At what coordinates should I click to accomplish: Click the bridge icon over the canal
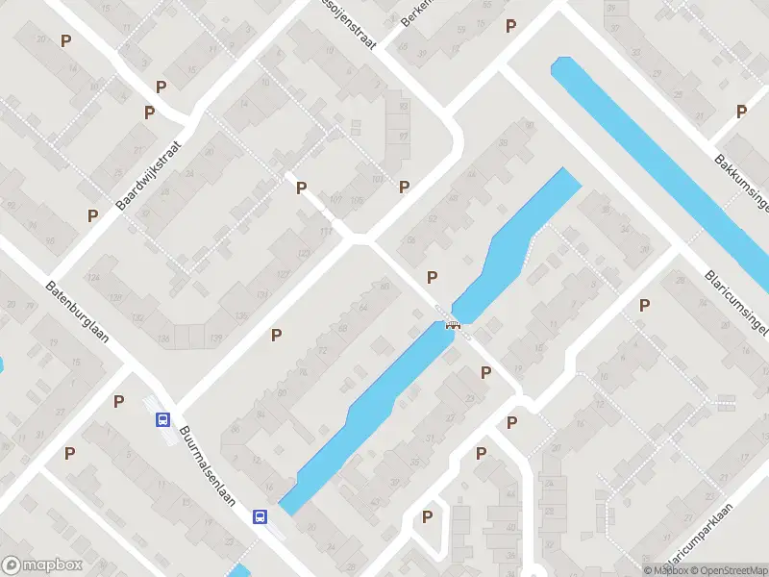tap(452, 324)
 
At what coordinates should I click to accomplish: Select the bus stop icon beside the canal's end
tap(260, 516)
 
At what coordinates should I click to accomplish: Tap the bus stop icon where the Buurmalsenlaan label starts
tap(162, 419)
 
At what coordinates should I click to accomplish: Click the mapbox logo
tap(42, 565)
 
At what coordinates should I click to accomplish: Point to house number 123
tap(306, 253)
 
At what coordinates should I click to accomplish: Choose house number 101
tap(376, 179)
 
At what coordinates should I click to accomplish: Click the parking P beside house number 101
tap(405, 187)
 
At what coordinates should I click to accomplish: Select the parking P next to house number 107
tap(302, 188)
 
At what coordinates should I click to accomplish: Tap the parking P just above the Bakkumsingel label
tap(741, 112)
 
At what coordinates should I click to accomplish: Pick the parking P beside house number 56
tap(433, 277)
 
